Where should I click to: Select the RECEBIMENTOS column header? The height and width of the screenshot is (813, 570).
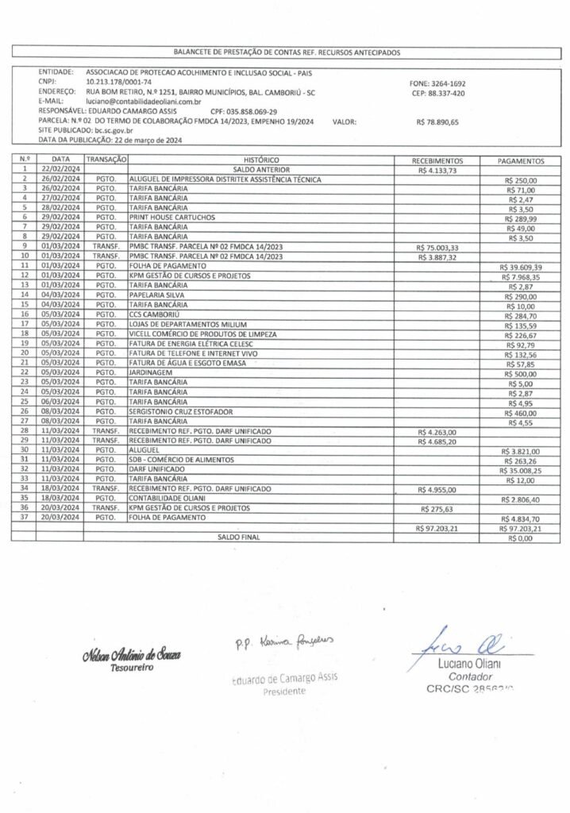[432, 160]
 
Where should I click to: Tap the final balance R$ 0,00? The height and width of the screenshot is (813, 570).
[522, 538]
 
